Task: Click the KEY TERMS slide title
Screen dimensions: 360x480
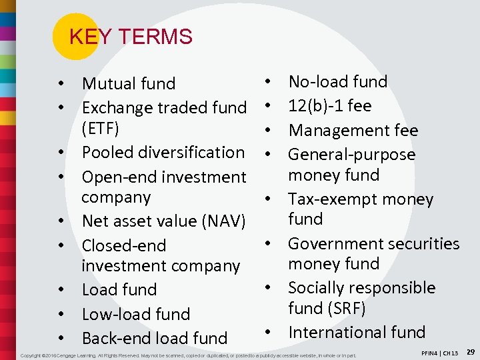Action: click(x=130, y=37)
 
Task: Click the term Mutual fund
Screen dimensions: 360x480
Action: click(x=128, y=84)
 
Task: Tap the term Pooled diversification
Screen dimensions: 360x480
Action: click(x=163, y=152)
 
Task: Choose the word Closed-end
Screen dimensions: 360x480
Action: click(x=124, y=245)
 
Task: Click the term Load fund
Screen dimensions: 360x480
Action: click(x=119, y=290)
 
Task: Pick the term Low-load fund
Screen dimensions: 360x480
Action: click(x=135, y=314)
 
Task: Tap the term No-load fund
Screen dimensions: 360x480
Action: click(x=337, y=82)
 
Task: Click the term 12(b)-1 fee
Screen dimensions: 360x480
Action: click(x=329, y=106)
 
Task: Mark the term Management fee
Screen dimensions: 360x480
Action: click(x=353, y=130)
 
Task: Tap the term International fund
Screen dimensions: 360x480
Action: click(x=356, y=332)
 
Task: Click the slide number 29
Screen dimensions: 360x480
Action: click(x=470, y=351)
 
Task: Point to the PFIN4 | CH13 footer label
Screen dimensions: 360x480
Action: click(x=441, y=353)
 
